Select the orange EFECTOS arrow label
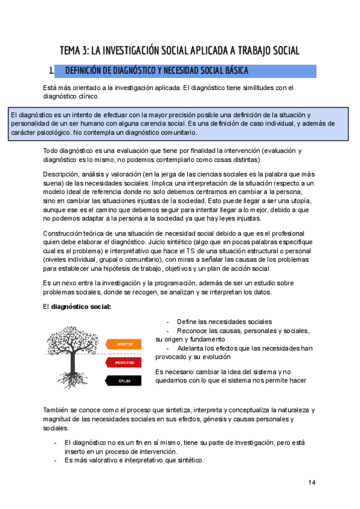point(125,344)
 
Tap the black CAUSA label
point(125,380)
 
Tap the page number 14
point(311,483)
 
